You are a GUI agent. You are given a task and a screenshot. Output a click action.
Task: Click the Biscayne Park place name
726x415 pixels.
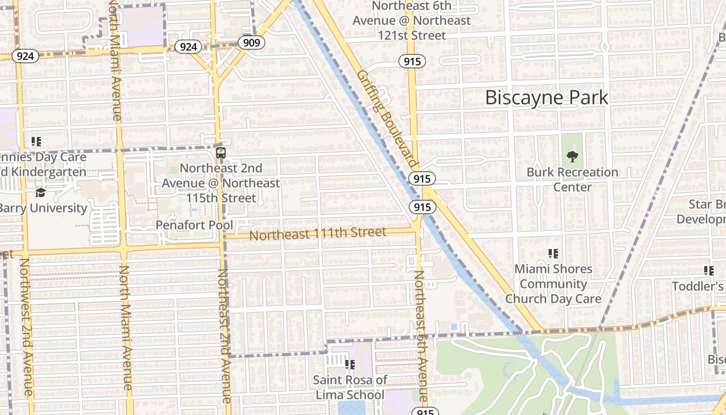[x=547, y=98]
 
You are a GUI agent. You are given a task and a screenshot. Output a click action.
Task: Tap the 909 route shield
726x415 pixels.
[x=252, y=42]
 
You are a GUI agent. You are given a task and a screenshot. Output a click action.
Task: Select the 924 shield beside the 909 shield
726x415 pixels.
[x=188, y=47]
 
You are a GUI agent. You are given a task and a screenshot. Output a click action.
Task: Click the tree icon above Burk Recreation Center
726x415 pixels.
[x=573, y=156]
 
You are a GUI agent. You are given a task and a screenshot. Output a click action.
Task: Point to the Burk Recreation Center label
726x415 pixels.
[x=573, y=179]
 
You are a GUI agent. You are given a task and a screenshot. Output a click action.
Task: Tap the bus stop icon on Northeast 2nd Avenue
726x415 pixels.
[x=221, y=153]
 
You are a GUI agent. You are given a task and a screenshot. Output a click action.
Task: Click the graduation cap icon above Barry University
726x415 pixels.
[x=40, y=193]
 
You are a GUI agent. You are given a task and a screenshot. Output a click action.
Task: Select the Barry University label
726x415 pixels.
[x=44, y=208]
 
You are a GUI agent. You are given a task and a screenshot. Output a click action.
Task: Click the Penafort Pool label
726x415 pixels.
[x=194, y=225]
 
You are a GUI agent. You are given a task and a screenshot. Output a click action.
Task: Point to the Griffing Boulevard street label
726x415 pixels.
[x=387, y=118]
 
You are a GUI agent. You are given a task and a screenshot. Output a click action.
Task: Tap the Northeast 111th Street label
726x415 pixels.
[x=318, y=233]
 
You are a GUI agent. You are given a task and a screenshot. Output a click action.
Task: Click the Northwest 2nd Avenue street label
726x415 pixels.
[x=26, y=327]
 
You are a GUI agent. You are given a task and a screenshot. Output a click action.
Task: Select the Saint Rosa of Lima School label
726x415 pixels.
[x=350, y=387]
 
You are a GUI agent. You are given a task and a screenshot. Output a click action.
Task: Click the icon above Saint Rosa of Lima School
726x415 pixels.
[x=350, y=365]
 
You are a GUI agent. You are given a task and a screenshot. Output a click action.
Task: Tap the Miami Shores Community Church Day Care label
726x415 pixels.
[x=553, y=284]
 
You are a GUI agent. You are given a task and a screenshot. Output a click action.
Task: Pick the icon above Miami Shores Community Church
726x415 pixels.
[x=553, y=254]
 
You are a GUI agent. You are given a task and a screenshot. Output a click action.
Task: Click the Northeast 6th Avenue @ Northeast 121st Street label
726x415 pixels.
[x=412, y=21]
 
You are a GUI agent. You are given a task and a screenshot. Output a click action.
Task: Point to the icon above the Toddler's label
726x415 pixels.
[x=708, y=270]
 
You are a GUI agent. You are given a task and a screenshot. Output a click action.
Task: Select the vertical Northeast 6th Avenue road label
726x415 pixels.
[x=421, y=332]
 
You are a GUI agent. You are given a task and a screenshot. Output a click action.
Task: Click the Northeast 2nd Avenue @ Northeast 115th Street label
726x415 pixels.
[x=221, y=183]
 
